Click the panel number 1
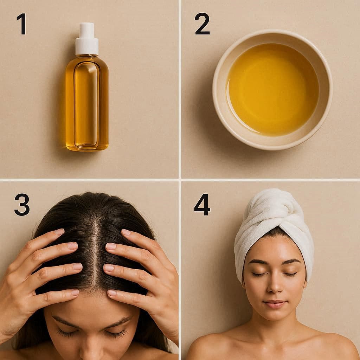[22, 24]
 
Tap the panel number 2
[202, 24]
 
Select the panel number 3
[22, 205]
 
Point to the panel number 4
[202, 205]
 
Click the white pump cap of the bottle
[87, 39]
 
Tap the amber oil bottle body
[87, 103]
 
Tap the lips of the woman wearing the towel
[275, 303]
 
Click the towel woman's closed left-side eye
[258, 274]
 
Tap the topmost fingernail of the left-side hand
[60, 232]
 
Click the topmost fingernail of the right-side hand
[127, 232]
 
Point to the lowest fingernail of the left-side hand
[75, 292]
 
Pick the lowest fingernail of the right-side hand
[112, 293]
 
